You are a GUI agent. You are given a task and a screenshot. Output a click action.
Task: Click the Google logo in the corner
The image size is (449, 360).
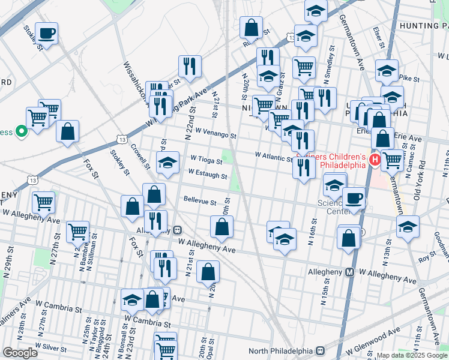point(20,353)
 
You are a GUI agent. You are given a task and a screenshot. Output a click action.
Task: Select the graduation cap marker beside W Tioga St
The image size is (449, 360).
point(168,162)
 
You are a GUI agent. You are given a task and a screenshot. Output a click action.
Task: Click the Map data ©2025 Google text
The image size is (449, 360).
point(412,355)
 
